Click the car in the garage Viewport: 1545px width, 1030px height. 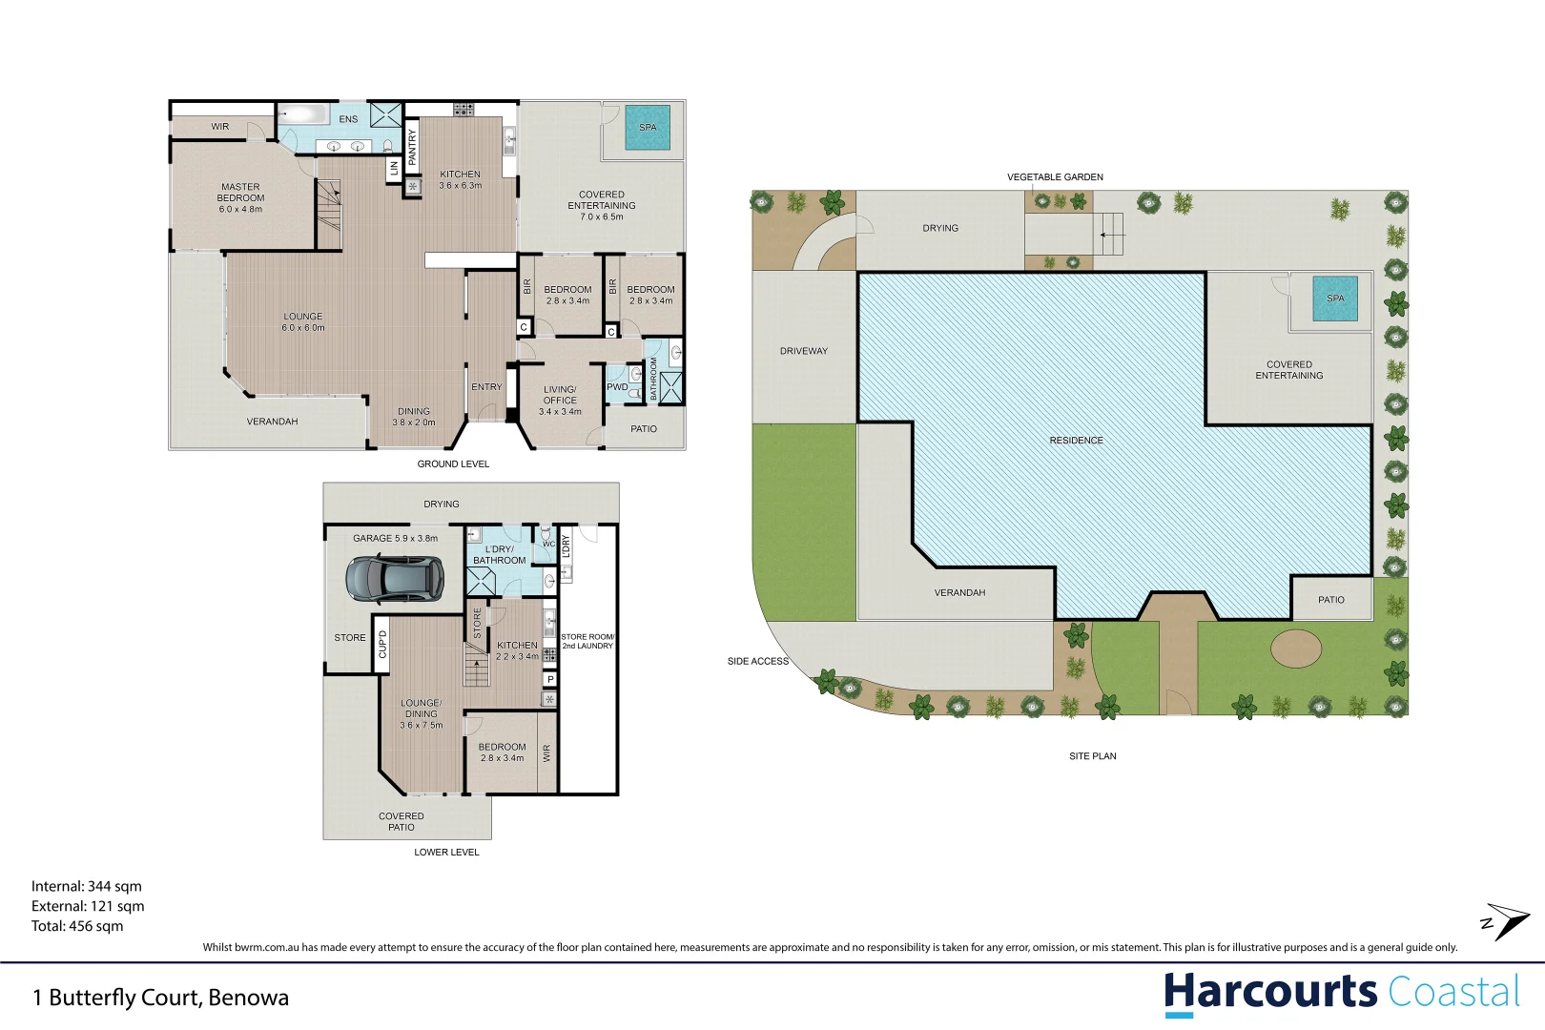[x=395, y=578]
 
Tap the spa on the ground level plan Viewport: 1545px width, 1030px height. [x=648, y=128]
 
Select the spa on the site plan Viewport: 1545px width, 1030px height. [x=1335, y=299]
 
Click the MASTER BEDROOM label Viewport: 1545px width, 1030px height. [x=240, y=197]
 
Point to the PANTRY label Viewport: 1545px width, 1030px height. [x=412, y=148]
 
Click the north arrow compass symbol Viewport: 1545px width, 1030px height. [x=1505, y=921]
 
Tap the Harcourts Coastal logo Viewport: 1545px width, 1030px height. [x=1341, y=992]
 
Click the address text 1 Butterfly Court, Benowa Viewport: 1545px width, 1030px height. [x=160, y=998]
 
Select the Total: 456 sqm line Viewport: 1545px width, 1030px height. [x=77, y=926]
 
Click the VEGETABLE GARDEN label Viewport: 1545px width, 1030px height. [x=1055, y=177]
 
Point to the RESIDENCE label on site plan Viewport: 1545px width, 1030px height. [x=1076, y=441]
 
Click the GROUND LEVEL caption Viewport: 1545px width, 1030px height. [x=453, y=464]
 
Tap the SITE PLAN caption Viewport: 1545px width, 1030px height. [x=1092, y=756]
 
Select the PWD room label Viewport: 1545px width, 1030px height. [x=617, y=387]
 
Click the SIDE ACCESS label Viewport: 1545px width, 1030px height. [x=758, y=661]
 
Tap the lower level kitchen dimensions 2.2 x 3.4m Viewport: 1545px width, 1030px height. [x=517, y=656]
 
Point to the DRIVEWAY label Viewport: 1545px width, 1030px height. [x=804, y=351]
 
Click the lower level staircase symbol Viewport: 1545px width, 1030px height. [x=477, y=665]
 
